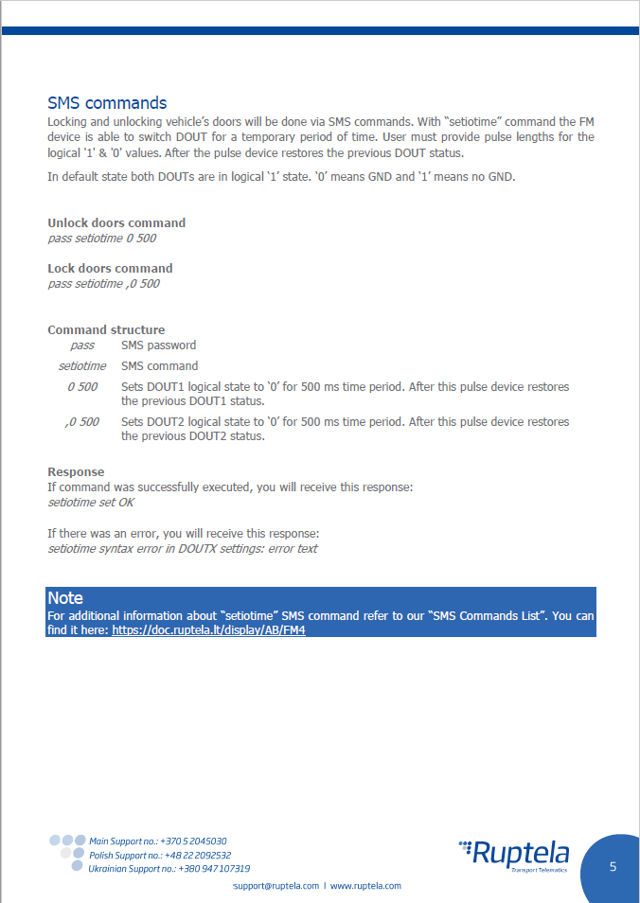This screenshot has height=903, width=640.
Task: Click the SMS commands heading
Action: (x=107, y=103)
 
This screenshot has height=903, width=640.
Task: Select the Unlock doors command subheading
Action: (x=116, y=223)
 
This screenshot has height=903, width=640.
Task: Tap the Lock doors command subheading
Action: (x=110, y=269)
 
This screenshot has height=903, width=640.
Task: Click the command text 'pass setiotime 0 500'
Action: (x=101, y=239)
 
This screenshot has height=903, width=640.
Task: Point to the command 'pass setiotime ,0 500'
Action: (x=103, y=284)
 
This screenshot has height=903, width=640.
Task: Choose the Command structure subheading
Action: (x=106, y=330)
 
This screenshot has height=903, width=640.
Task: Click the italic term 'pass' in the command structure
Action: (x=82, y=345)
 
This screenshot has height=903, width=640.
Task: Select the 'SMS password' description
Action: (x=158, y=345)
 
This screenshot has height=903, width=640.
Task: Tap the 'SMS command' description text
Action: (x=159, y=366)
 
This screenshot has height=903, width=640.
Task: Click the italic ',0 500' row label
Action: (x=82, y=422)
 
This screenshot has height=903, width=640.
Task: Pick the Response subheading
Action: (x=76, y=472)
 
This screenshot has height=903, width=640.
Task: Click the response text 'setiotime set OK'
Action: (x=91, y=503)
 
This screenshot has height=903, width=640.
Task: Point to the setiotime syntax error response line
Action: (x=182, y=549)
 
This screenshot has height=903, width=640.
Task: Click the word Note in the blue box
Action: (x=65, y=598)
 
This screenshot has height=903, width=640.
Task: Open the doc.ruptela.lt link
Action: (x=208, y=630)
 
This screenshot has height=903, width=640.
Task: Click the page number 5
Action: (x=613, y=867)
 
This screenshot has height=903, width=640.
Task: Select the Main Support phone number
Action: (x=157, y=841)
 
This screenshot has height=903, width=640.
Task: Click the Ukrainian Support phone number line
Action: (x=169, y=869)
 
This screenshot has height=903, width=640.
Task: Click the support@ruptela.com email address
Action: (x=276, y=886)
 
